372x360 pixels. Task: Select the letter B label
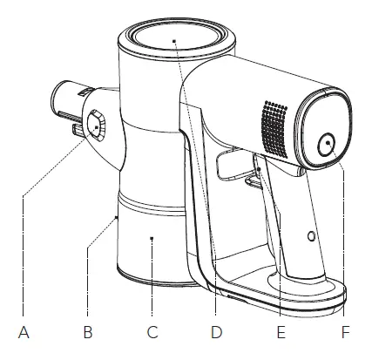(86, 332)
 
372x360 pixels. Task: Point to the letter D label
(217, 332)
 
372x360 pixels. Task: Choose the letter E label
(280, 332)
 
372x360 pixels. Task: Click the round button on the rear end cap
(328, 145)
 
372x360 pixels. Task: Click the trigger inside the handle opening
(253, 171)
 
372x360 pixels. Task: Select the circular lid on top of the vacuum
(173, 40)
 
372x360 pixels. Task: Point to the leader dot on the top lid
(173, 40)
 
